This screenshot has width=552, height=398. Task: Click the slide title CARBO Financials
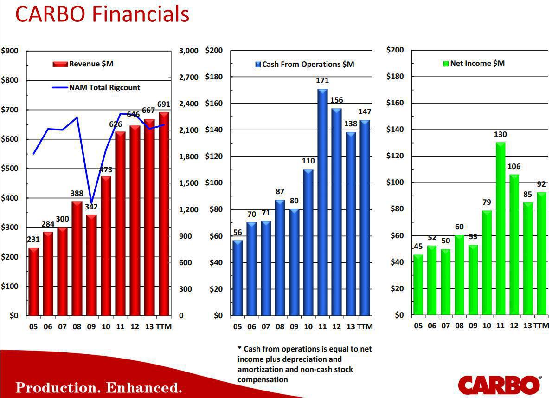[102, 14]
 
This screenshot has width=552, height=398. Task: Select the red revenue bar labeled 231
[33, 281]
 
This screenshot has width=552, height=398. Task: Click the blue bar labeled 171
[322, 202]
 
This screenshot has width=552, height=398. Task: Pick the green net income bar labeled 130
[501, 228]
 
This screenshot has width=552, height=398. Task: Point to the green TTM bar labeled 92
[541, 254]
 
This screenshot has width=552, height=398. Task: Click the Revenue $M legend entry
[83, 64]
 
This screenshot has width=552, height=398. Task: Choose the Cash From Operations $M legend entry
[305, 64]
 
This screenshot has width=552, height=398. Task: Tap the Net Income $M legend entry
[474, 63]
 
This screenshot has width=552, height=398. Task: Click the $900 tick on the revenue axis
[10, 51]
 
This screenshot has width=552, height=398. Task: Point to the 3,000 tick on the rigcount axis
[188, 51]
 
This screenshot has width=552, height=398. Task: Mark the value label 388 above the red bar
[77, 193]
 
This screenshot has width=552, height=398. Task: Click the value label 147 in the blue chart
[365, 112]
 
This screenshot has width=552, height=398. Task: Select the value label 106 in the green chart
[514, 166]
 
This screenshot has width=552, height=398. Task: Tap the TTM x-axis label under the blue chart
[365, 326]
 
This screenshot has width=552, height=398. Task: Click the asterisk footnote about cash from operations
[304, 364]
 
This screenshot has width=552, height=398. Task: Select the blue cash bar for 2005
[237, 278]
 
